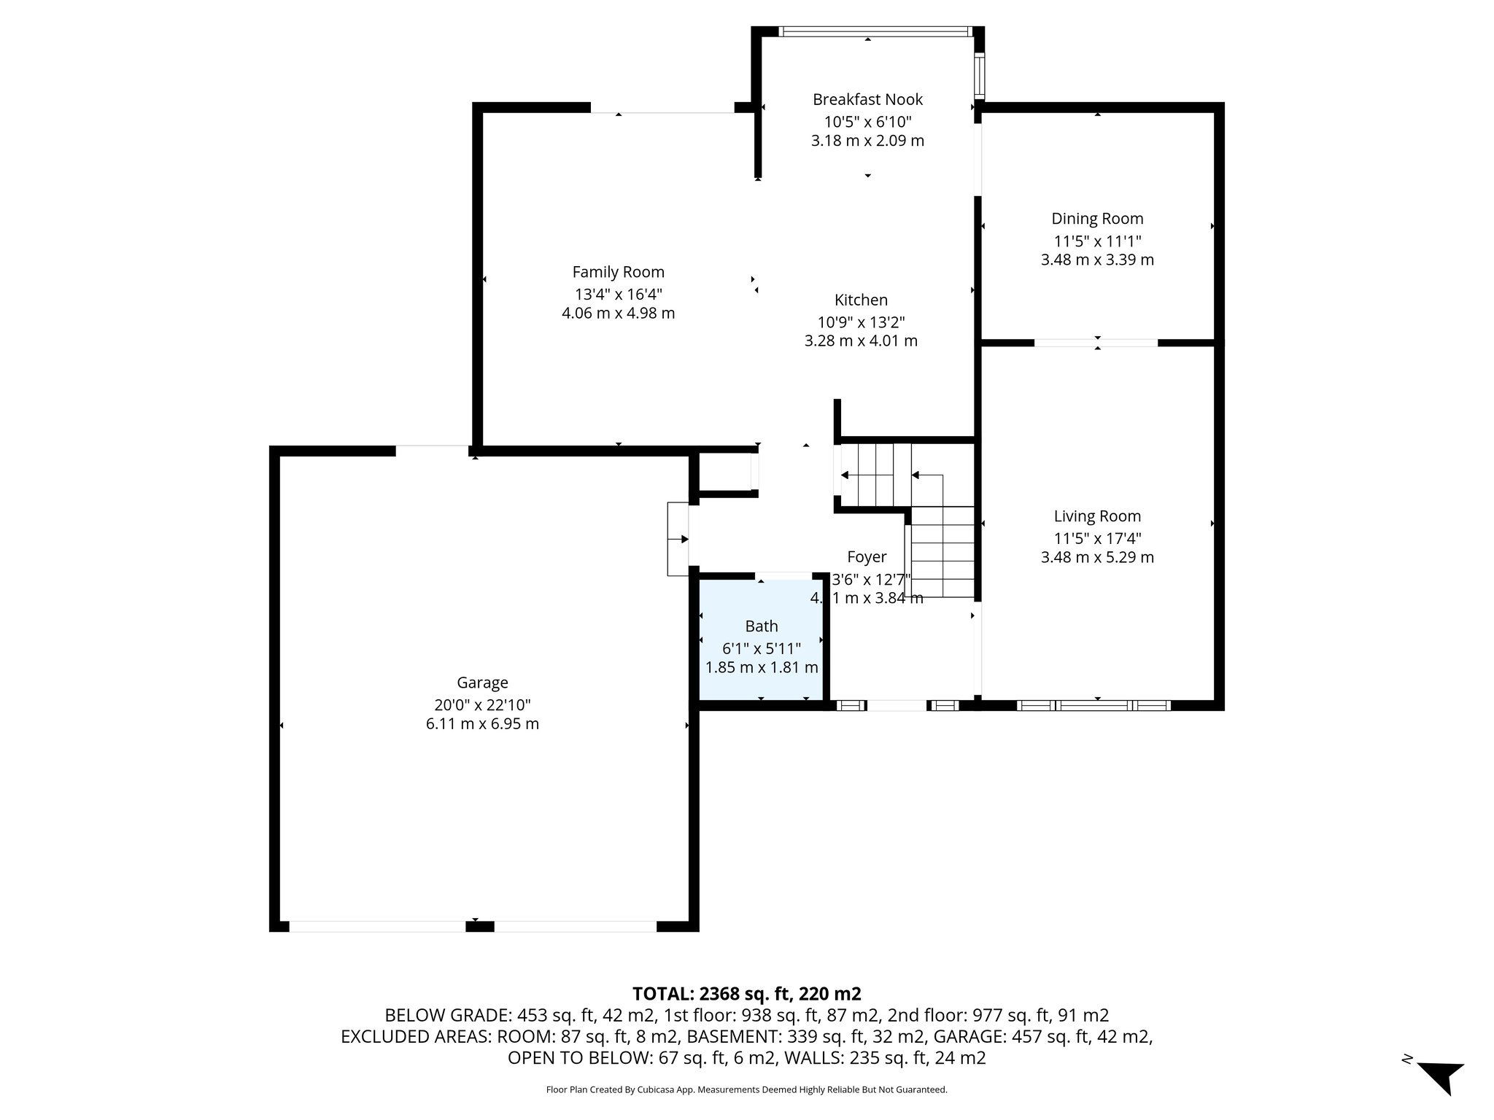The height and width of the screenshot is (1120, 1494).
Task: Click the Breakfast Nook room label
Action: point(867,99)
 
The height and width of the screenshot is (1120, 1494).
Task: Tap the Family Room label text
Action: point(618,272)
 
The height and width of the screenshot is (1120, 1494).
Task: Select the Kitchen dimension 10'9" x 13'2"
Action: point(861,322)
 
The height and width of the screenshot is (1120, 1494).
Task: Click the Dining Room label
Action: point(1096,218)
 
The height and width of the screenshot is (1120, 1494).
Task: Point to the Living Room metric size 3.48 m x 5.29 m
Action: point(1096,558)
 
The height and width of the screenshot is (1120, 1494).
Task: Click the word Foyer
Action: point(867,557)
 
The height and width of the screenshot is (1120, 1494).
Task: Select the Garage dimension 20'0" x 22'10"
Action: point(482,705)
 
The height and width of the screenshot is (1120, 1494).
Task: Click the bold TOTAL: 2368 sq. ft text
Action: point(746,994)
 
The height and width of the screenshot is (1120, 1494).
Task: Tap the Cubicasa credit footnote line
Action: point(746,1090)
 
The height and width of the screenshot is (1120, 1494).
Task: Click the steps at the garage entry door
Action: point(678,539)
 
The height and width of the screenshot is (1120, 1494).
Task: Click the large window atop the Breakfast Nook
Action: point(875,31)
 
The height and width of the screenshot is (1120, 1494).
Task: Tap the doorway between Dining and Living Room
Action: point(1096,342)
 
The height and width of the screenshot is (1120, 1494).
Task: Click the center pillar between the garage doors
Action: point(479,927)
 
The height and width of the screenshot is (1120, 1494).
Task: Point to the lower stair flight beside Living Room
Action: point(943,552)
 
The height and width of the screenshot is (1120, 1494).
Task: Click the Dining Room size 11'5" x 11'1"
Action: point(1096,241)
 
